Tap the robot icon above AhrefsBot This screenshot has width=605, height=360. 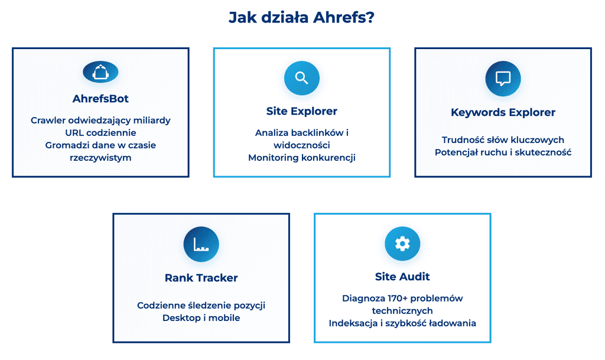(100, 72)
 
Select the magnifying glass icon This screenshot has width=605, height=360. (302, 78)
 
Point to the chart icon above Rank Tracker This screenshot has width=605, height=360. (201, 244)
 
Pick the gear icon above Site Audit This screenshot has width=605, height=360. (402, 244)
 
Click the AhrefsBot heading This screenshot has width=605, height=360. (100, 98)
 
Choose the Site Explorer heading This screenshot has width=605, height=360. (302, 111)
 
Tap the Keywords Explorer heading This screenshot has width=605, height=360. (503, 112)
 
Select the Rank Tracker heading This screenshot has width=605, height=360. (201, 278)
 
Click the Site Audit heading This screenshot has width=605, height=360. (402, 277)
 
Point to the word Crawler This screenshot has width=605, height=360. (48, 121)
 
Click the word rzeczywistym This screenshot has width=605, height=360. (100, 158)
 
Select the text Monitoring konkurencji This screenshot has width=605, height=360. (302, 158)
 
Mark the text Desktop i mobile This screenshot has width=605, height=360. (201, 318)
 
